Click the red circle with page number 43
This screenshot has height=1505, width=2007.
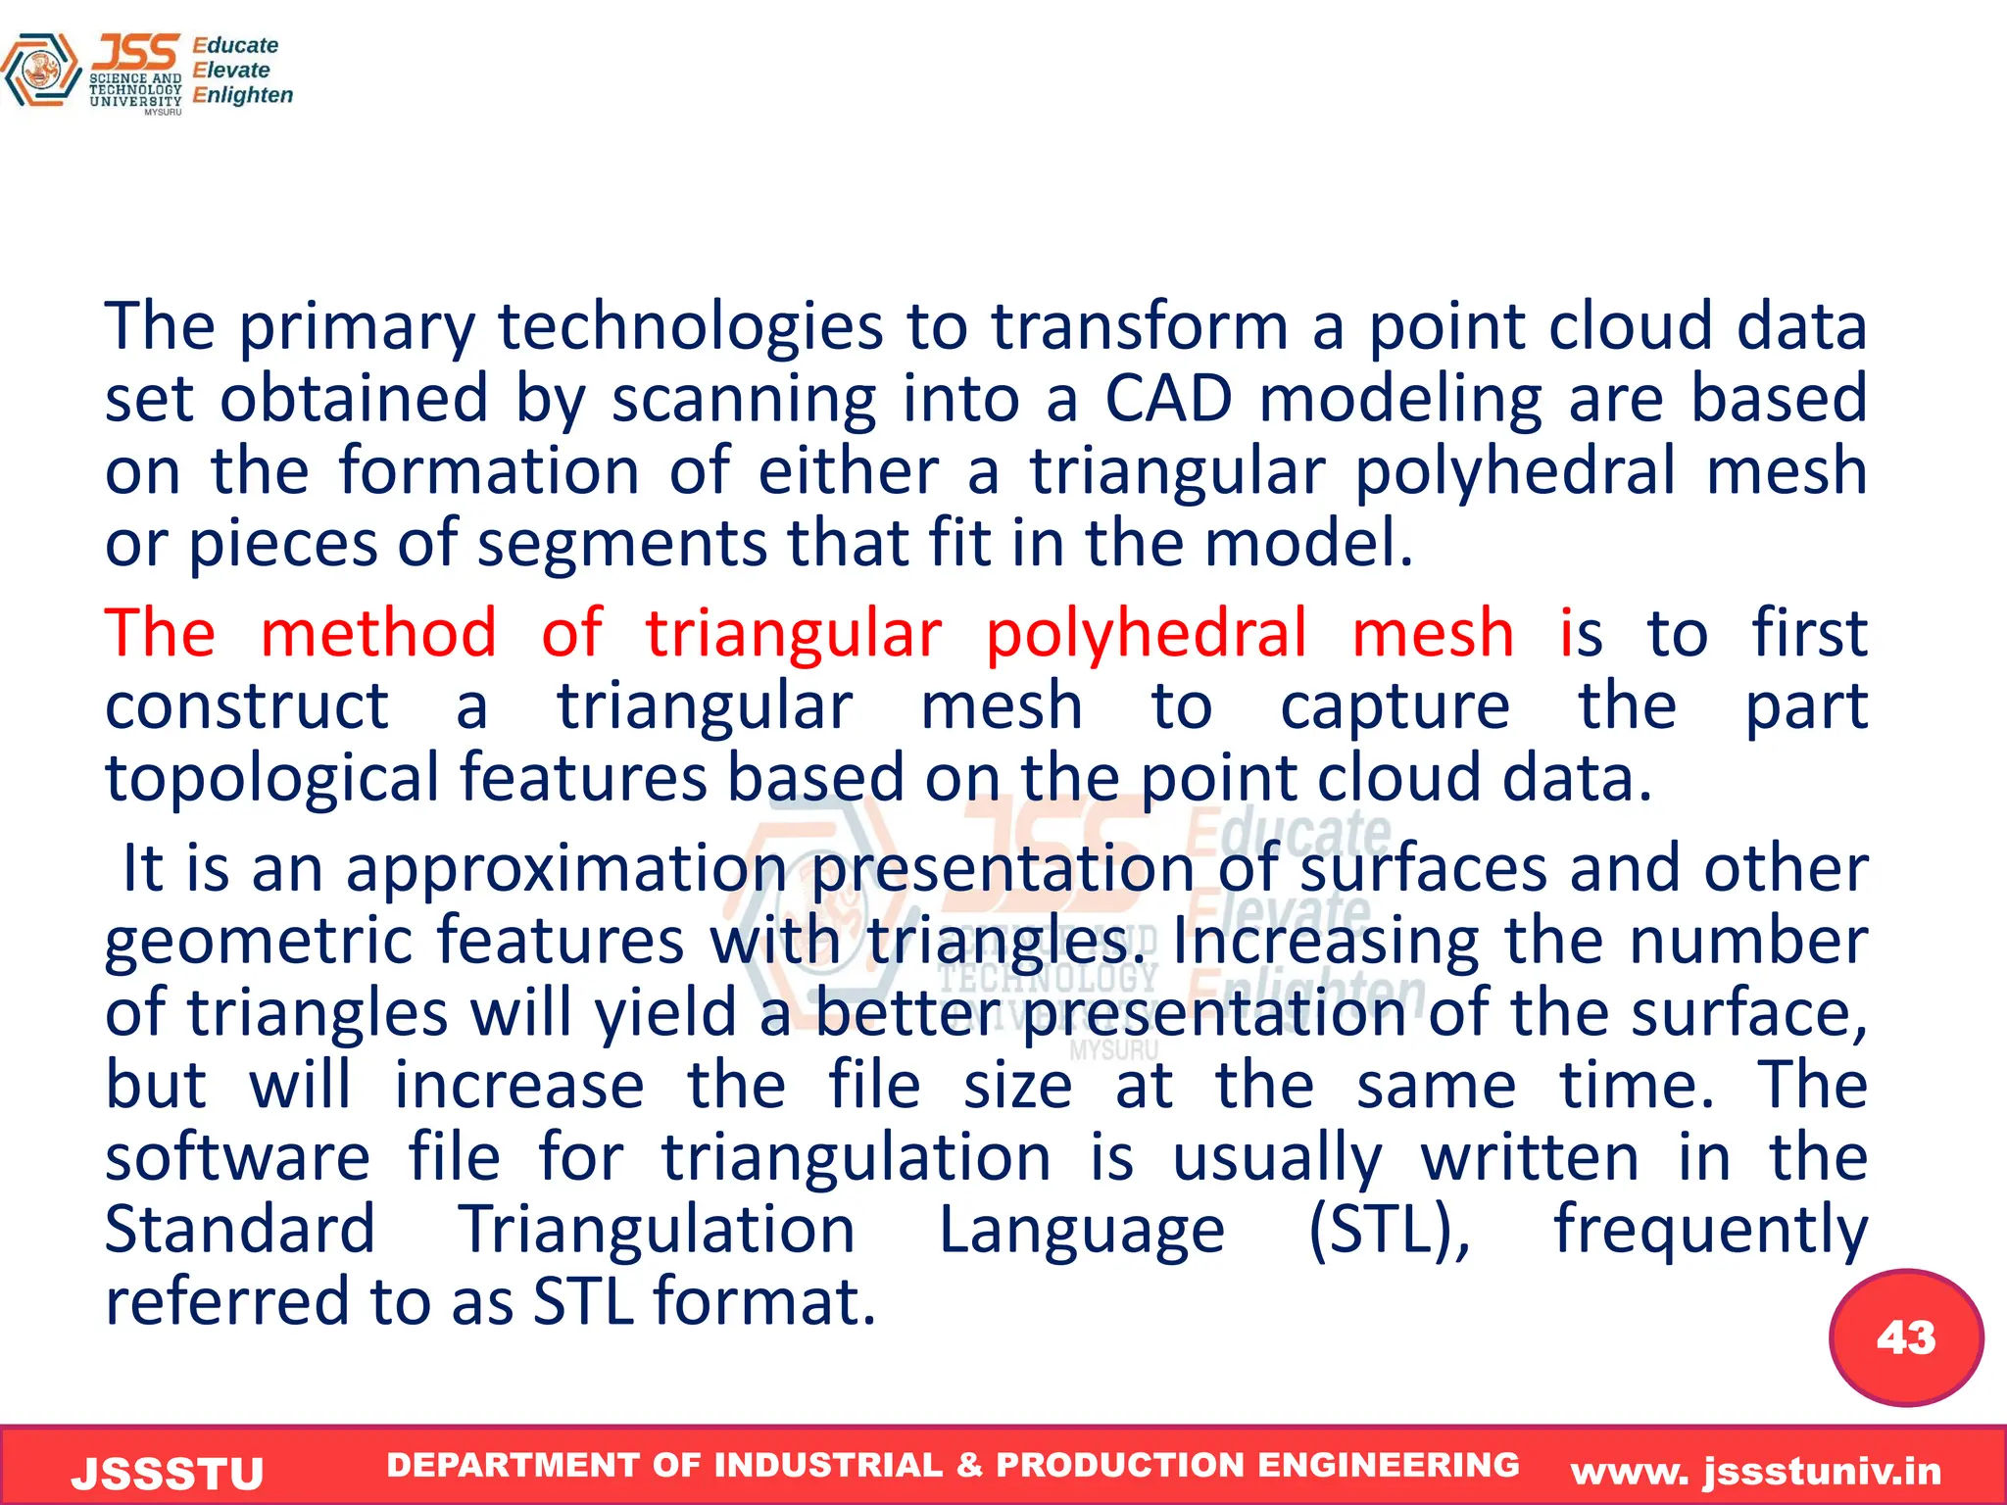[x=1905, y=1337]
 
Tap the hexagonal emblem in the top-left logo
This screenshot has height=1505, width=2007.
[x=41, y=71]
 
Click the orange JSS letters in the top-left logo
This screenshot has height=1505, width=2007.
[x=136, y=52]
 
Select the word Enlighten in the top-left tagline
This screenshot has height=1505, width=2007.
[x=242, y=96]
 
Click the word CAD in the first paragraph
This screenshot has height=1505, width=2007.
[x=1168, y=400]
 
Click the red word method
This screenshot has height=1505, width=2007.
[x=378, y=633]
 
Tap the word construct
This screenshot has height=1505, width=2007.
[x=246, y=705]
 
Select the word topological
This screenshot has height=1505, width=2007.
[x=272, y=779]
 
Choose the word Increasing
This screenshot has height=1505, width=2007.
[x=1325, y=942]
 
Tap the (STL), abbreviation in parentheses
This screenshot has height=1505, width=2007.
[x=1389, y=1231]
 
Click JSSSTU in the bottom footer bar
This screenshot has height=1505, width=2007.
[x=168, y=1474]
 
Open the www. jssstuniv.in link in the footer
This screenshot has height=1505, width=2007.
[x=1755, y=1472]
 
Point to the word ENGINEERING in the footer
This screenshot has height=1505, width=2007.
[x=1388, y=1465]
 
